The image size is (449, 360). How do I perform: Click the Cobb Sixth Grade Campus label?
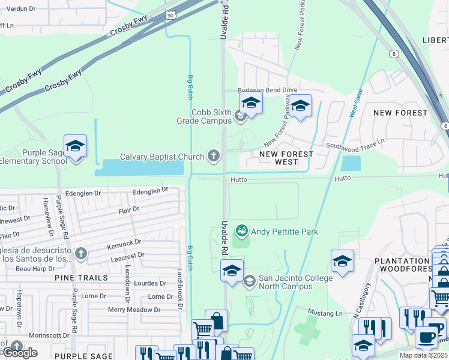[x=211, y=116]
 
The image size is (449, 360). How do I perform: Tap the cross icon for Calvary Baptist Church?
[x=213, y=157]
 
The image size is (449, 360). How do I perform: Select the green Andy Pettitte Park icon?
[x=241, y=230]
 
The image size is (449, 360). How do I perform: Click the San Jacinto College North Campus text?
[x=295, y=283]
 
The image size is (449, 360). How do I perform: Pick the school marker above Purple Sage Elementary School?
[x=76, y=146]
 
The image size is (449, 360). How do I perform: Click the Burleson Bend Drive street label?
[x=268, y=90]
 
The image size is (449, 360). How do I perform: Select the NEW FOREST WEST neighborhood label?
[x=286, y=158]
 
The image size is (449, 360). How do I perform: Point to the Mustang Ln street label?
[x=325, y=313]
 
